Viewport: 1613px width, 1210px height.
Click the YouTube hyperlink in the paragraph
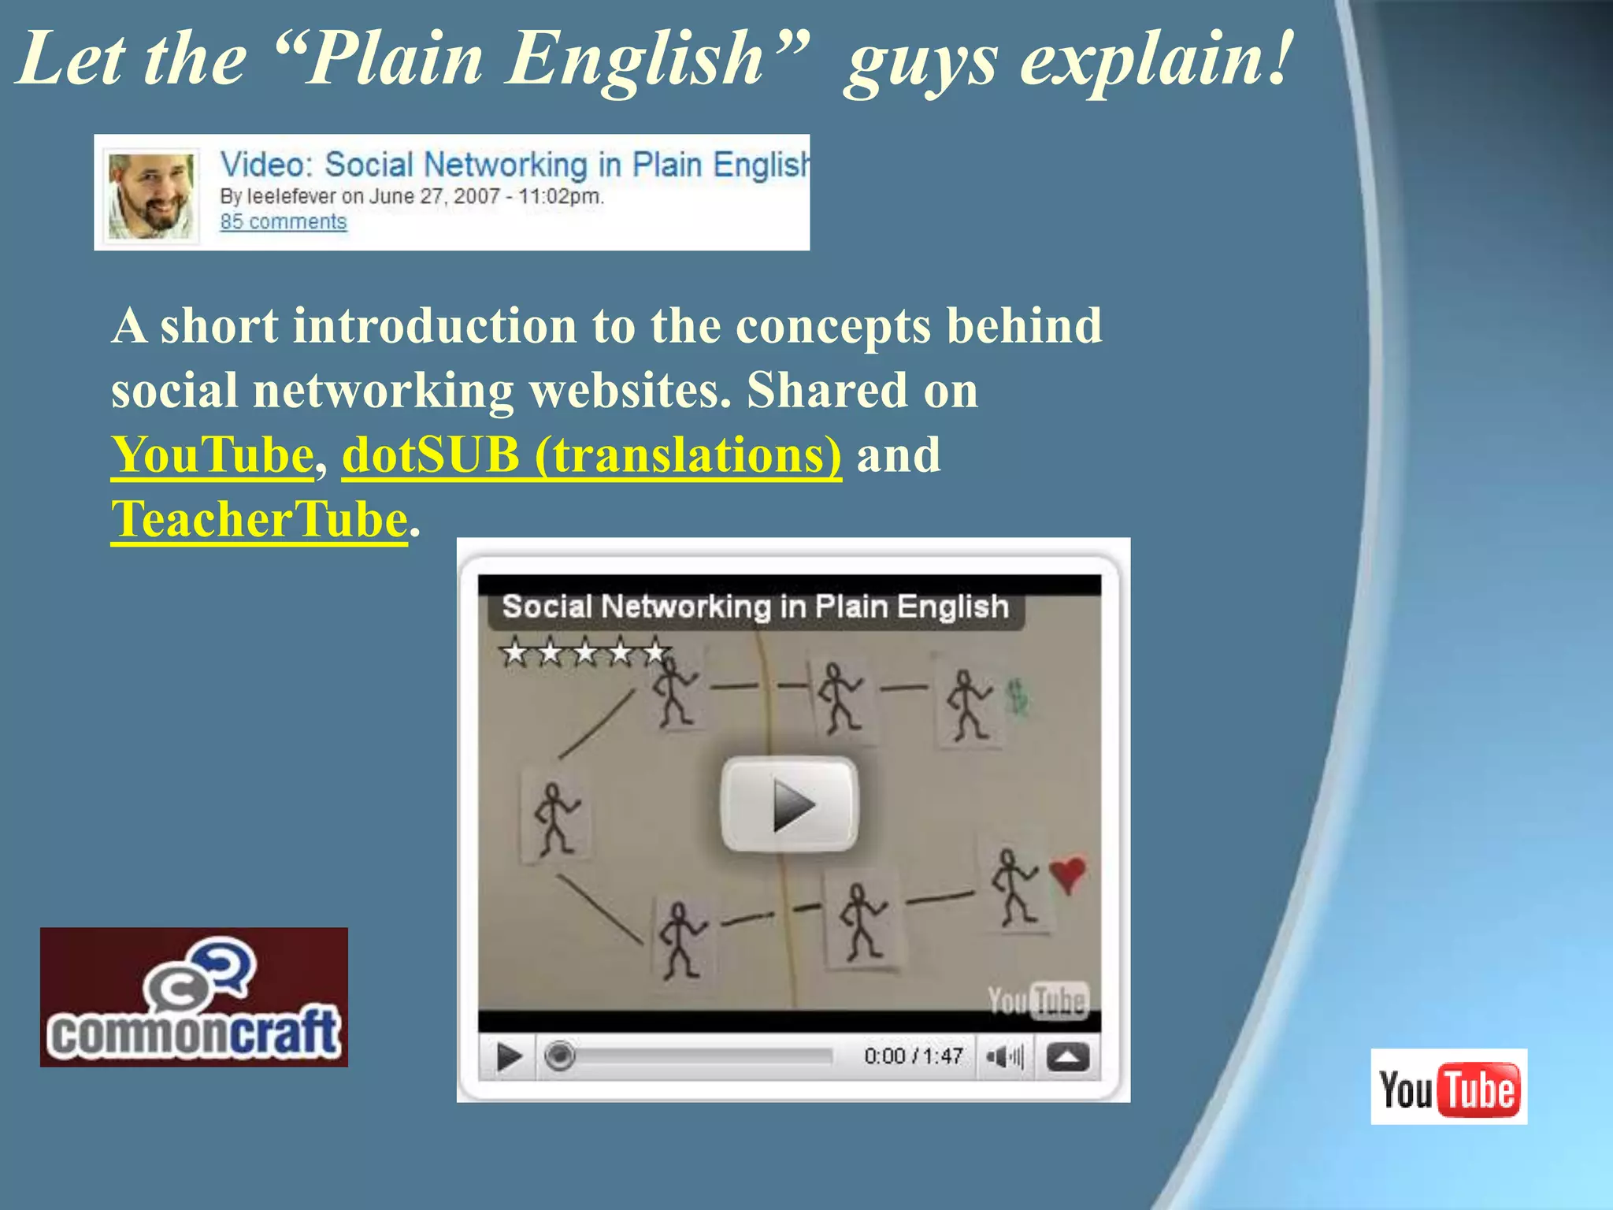pos(212,455)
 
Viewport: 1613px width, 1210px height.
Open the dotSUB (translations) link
pos(591,455)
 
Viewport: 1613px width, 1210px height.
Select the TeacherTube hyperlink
pos(259,520)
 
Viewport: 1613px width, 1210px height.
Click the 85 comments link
pos(283,222)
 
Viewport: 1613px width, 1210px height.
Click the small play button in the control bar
pos(509,1056)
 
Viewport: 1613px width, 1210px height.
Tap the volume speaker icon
pos(1003,1056)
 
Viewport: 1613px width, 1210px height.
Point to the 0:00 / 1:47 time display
pos(913,1056)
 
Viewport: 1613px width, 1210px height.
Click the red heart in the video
pos(1067,873)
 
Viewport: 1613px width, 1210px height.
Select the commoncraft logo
pos(194,997)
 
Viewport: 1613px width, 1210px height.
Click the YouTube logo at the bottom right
pos(1448,1087)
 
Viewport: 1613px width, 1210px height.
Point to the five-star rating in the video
pos(584,652)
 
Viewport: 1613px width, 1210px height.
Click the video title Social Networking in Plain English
pos(755,607)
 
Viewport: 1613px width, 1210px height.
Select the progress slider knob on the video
pos(560,1056)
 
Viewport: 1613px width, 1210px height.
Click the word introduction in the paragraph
pos(435,325)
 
